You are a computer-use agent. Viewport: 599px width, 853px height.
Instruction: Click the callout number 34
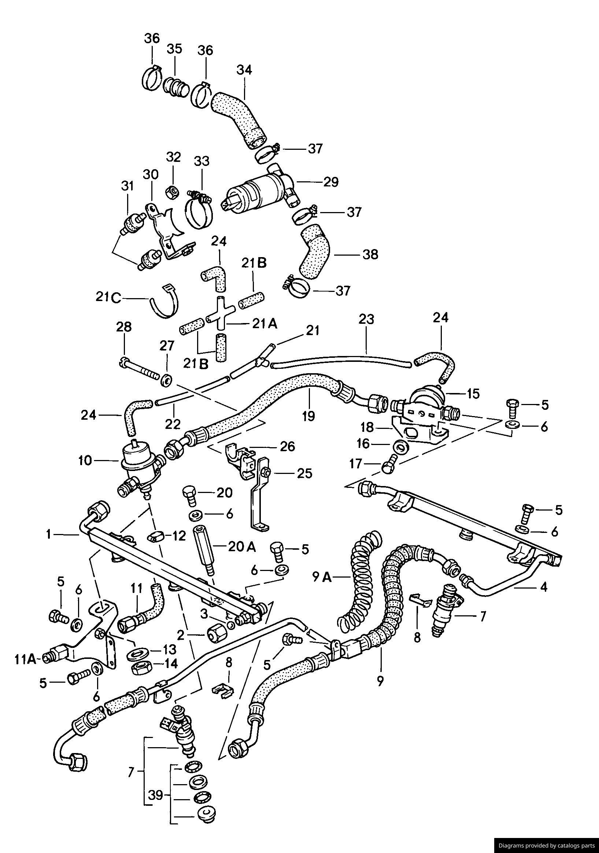[244, 70]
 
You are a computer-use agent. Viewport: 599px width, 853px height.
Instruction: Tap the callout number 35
[174, 49]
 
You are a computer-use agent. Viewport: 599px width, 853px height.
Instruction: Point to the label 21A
[265, 324]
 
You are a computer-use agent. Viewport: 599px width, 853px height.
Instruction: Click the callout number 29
[331, 182]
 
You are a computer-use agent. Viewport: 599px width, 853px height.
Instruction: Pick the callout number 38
[370, 255]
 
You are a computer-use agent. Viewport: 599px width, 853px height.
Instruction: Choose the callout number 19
[308, 416]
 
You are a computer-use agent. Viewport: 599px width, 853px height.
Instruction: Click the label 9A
[322, 577]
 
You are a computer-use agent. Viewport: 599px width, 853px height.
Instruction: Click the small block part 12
[156, 536]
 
